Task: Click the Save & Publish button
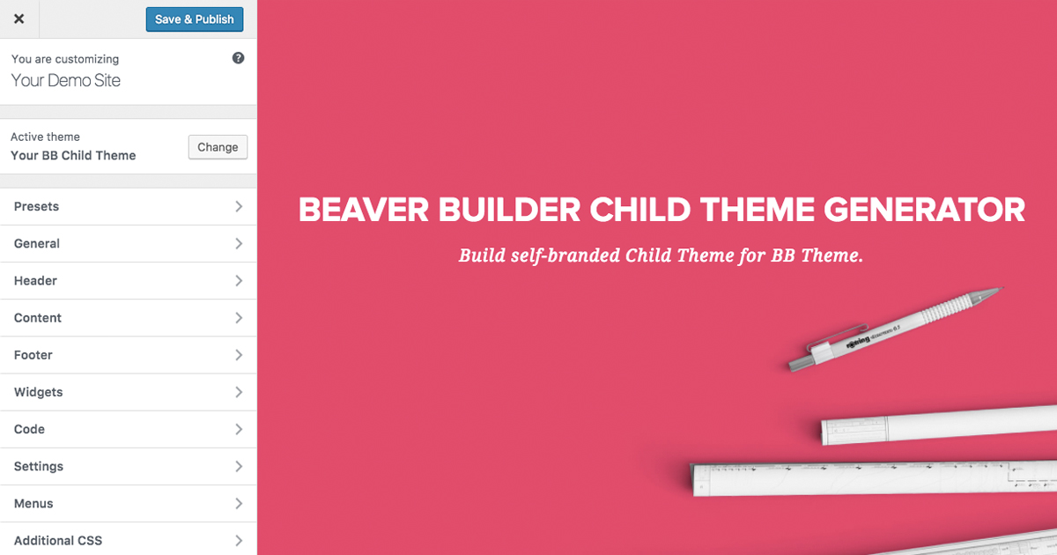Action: (195, 19)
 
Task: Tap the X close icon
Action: (18, 18)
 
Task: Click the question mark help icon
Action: (238, 58)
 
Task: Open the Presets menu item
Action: (128, 206)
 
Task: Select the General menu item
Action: (128, 243)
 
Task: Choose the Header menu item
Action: (128, 280)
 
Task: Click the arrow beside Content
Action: (239, 317)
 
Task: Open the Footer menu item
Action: (128, 355)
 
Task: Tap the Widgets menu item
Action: (128, 392)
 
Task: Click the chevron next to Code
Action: (239, 429)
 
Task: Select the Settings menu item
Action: (128, 466)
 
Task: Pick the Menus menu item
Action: (128, 503)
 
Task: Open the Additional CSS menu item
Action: (128, 540)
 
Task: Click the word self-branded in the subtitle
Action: (563, 256)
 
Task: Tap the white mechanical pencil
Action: (893, 329)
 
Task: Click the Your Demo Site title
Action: (65, 80)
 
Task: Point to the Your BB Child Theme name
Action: (73, 155)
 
